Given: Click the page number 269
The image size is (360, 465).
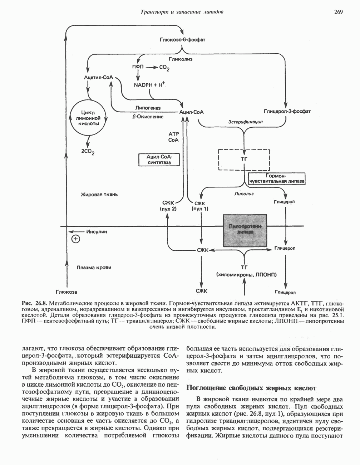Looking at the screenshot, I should (338, 12).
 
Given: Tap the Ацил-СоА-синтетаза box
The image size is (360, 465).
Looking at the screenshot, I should (159, 159).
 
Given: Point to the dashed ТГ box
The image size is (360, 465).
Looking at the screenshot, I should (244, 160).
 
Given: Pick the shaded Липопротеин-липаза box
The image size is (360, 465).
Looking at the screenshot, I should (245, 231).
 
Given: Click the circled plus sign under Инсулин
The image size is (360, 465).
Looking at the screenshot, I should (75, 240).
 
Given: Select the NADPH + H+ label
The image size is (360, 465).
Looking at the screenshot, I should (149, 85).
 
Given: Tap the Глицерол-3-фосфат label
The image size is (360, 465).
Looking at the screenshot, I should (287, 112).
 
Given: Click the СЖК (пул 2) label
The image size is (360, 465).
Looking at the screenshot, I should (167, 206).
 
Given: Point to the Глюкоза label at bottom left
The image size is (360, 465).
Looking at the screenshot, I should (66, 292).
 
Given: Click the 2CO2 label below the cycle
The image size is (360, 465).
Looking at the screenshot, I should (88, 152).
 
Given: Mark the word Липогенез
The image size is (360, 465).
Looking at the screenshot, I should (148, 108).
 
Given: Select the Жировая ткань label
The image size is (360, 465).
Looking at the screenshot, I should (99, 195).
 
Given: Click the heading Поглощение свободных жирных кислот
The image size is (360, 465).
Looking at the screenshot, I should (252, 388).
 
